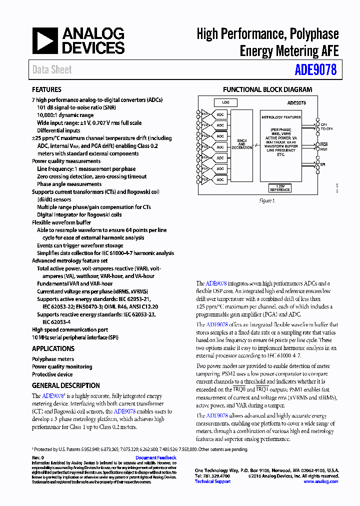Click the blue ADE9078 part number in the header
point(315,69)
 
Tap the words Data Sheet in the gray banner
point(52,70)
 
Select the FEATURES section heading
point(46,89)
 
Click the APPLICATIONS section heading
point(53,348)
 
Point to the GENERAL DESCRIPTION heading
point(65,385)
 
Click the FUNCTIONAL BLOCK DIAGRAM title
point(267,90)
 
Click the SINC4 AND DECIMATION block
point(242,145)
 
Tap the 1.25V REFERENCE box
point(279,188)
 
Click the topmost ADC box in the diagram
point(220,114)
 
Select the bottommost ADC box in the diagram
point(220,179)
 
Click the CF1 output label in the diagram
point(323,124)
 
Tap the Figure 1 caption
point(267,200)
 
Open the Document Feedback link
point(155,457)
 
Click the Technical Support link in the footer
point(212,481)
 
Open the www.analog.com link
point(320,481)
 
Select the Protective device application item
point(52,374)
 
